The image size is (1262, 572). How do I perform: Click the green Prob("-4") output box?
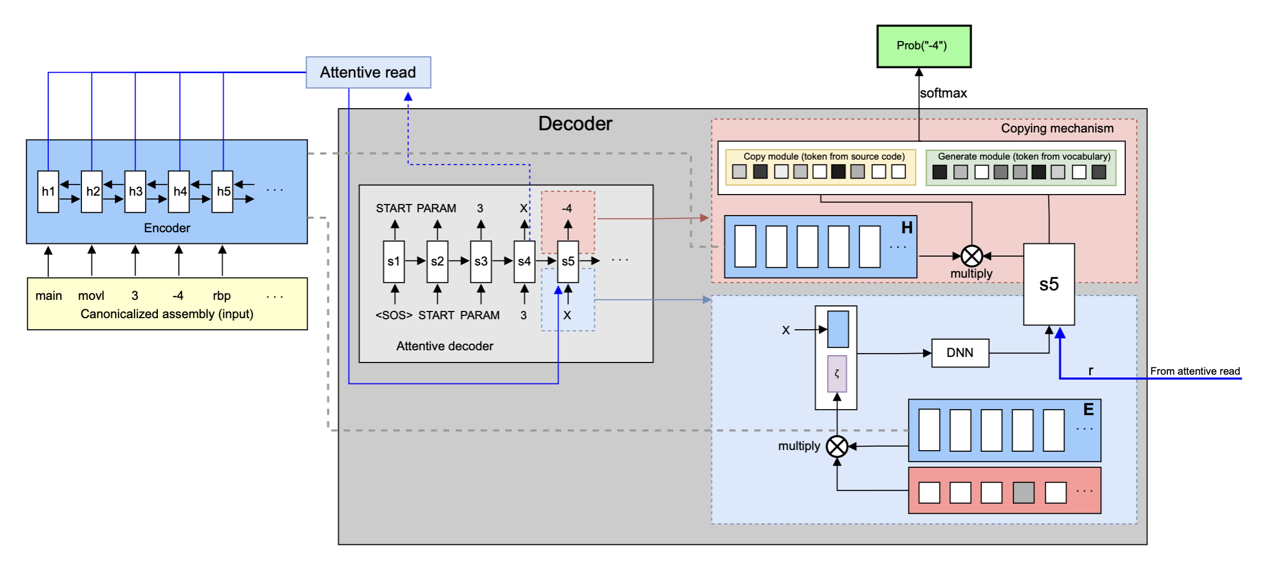tap(924, 46)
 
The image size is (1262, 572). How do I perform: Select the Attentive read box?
tap(368, 72)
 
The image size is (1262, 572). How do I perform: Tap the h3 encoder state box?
tap(135, 191)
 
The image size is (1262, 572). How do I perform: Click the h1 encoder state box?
tap(48, 191)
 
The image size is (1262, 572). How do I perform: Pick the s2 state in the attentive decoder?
tap(437, 262)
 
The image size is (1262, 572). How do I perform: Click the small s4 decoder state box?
tap(524, 262)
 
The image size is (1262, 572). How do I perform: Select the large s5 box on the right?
tap(1049, 284)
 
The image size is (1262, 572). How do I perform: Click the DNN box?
tap(960, 353)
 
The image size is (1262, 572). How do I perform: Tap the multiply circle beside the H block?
tap(972, 256)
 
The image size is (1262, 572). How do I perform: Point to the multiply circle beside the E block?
tap(837, 446)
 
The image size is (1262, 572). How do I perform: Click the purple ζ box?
tap(837, 374)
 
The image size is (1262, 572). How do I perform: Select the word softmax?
tap(943, 93)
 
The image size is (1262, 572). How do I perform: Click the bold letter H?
tap(907, 228)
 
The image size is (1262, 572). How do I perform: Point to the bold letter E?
tap(1089, 410)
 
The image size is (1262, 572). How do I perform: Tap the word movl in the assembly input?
tap(91, 296)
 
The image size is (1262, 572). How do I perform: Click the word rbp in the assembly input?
tap(222, 296)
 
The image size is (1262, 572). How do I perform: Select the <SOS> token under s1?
tap(394, 315)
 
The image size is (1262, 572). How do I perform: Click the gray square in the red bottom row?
tap(1024, 492)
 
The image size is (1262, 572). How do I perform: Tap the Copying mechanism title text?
tap(1057, 129)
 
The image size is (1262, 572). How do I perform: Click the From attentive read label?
tap(1195, 371)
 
